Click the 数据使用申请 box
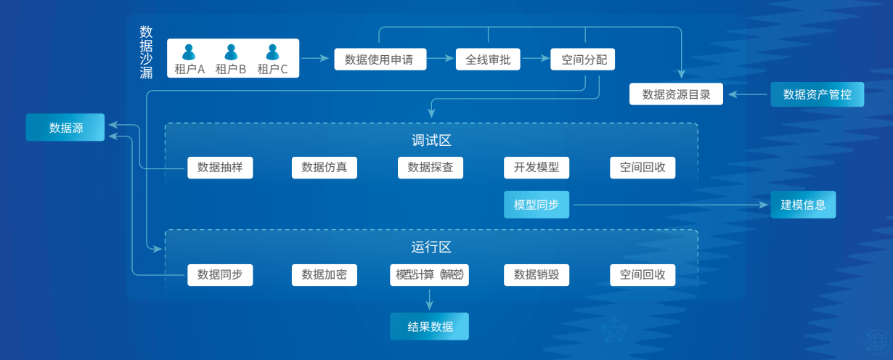pos(380,60)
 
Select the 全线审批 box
pos(488,60)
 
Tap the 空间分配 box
pos(583,60)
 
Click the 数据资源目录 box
pos(676,94)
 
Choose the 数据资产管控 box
pos(817,94)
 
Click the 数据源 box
pos(65,128)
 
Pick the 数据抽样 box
pos(220,168)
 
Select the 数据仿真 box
pos(325,168)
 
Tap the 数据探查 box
pos(431,168)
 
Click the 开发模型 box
pos(537,168)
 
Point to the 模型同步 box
pos(537,205)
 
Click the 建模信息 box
pos(803,205)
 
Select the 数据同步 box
pos(220,275)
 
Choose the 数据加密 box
pos(325,275)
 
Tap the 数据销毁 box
pos(537,275)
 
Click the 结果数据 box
pos(430,327)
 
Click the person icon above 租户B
pos(231,52)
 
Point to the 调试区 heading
pos(431,141)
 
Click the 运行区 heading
pos(431,247)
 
